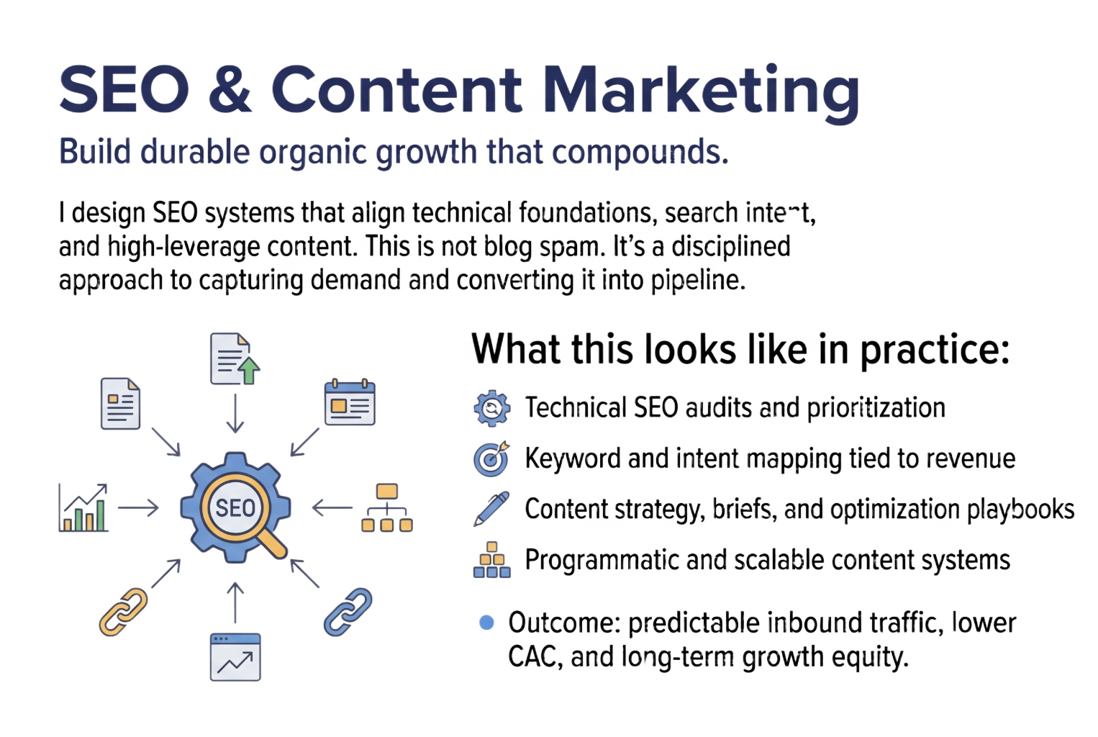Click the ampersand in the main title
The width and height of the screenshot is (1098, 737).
[x=230, y=90]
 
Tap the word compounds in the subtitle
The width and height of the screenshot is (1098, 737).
[x=640, y=153]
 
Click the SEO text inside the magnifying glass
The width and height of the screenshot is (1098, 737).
[x=235, y=508]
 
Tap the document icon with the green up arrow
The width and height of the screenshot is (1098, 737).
[x=235, y=359]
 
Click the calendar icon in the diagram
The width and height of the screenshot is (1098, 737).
[x=350, y=402]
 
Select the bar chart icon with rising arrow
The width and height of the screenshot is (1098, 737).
[x=83, y=507]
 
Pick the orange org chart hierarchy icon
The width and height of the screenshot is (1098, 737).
[x=387, y=507]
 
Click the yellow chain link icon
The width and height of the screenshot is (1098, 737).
[x=123, y=612]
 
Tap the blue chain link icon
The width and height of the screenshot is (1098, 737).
[x=348, y=612]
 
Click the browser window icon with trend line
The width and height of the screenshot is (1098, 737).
[x=235, y=657]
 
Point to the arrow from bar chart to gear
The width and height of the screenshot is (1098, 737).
[x=138, y=508]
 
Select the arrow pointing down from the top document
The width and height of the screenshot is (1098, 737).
[x=235, y=414]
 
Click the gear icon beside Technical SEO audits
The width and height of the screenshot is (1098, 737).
[x=491, y=408]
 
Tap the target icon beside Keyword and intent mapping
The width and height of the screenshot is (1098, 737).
[x=491, y=458]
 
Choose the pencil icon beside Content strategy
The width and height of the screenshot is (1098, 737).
[x=491, y=509]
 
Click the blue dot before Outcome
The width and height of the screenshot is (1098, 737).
[x=486, y=623]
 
